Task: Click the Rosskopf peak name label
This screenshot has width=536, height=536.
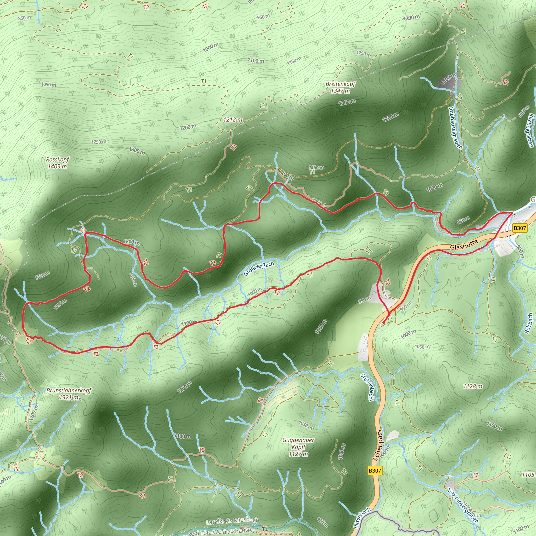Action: pyautogui.click(x=57, y=160)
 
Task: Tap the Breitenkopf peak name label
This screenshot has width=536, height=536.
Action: pyautogui.click(x=340, y=84)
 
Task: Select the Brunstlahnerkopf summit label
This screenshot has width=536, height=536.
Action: pyautogui.click(x=69, y=390)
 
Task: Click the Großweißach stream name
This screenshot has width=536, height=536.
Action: pyautogui.click(x=259, y=269)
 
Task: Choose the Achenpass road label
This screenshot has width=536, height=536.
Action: pyautogui.click(x=378, y=445)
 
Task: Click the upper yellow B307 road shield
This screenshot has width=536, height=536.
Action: pyautogui.click(x=519, y=228)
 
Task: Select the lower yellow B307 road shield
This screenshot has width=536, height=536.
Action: pyautogui.click(x=375, y=471)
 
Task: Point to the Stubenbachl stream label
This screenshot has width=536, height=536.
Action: pyautogui.click(x=367, y=388)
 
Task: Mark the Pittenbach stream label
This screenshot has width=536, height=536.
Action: pyautogui.click(x=362, y=518)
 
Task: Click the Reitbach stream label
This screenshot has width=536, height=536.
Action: pyautogui.click(x=529, y=323)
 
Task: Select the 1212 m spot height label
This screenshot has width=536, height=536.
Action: pyautogui.click(x=233, y=120)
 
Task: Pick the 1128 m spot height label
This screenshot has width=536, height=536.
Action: pyautogui.click(x=473, y=386)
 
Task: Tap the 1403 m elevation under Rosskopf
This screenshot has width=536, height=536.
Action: pyautogui.click(x=57, y=166)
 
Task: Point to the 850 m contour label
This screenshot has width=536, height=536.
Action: pyautogui.click(x=25, y=18)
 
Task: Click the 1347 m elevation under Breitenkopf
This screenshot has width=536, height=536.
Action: pyautogui.click(x=340, y=91)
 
